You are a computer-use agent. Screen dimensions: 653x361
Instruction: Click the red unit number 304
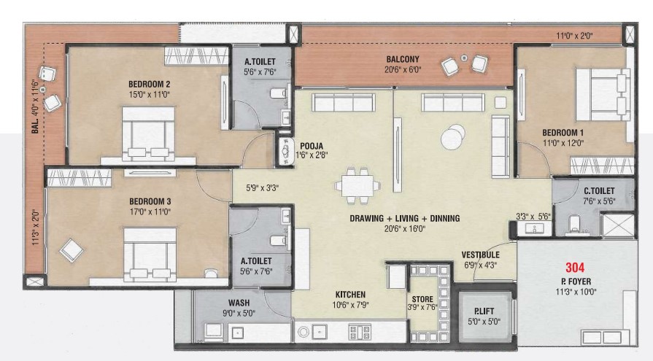pyautogui.click(x=575, y=268)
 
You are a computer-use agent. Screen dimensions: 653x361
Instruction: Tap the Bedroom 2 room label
pyautogui.click(x=149, y=84)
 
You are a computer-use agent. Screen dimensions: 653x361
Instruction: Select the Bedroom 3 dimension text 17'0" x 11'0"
pyautogui.click(x=150, y=212)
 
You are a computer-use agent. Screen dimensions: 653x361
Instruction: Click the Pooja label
pyautogui.click(x=312, y=146)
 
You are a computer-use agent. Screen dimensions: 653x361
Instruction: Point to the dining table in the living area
pyautogui.click(x=358, y=185)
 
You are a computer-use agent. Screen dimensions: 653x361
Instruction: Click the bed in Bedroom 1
pyautogui.click(x=603, y=95)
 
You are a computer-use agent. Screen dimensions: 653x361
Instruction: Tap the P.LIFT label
pyautogui.click(x=484, y=311)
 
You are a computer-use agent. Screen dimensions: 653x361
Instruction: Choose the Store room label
pyautogui.click(x=422, y=299)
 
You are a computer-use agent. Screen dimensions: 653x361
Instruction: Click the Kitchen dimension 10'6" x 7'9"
pyautogui.click(x=350, y=305)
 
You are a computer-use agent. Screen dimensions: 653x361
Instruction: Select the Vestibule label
pyautogui.click(x=480, y=255)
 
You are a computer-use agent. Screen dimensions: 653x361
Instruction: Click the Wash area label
pyautogui.click(x=239, y=303)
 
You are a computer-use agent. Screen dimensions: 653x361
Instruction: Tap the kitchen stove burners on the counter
pyautogui.click(x=360, y=332)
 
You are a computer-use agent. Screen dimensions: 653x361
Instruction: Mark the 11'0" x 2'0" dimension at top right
pyautogui.click(x=574, y=36)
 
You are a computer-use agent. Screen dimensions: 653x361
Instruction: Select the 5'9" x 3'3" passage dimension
pyautogui.click(x=262, y=187)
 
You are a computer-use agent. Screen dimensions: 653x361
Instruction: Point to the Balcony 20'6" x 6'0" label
pyautogui.click(x=403, y=64)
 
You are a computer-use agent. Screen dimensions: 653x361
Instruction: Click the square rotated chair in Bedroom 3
pyautogui.click(x=72, y=250)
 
